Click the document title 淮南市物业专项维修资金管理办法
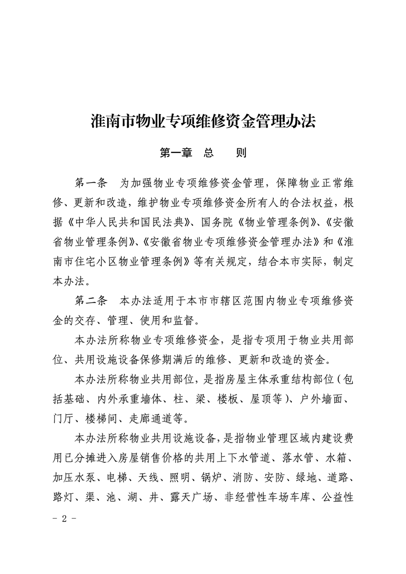tap(203, 122)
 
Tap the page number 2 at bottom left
tap(65, 518)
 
